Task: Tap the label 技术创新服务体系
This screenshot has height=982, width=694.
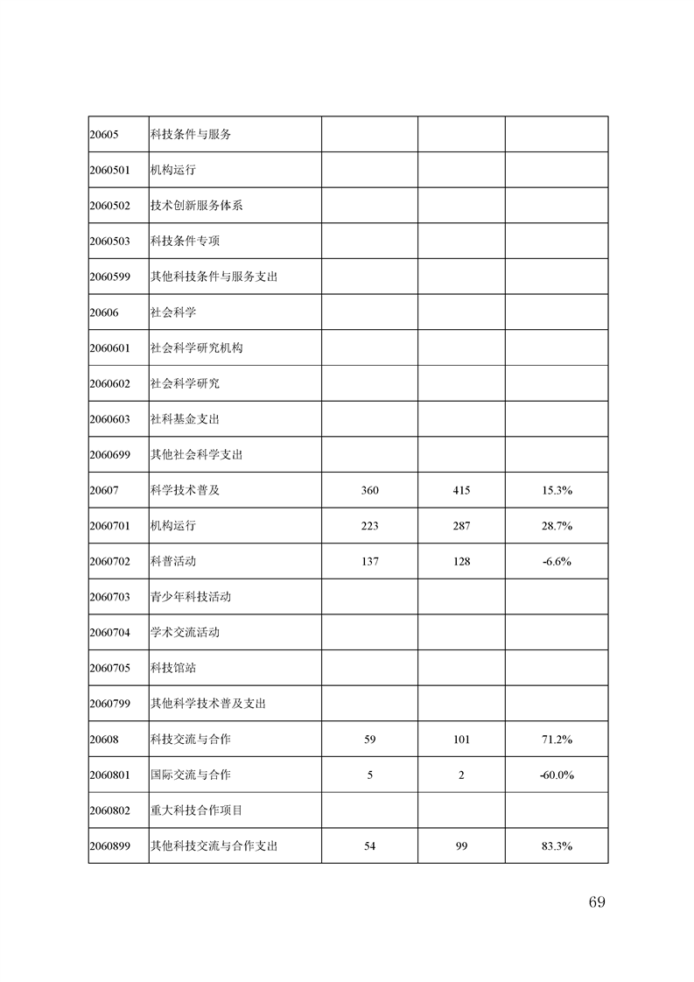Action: [x=196, y=206]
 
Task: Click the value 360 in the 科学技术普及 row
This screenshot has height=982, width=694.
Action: [x=369, y=490]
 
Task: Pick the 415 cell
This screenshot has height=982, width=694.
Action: [x=461, y=490]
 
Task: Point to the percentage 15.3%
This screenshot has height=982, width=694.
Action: [x=557, y=490]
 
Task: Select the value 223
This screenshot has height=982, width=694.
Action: [x=369, y=526]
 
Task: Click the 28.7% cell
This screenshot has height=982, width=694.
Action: [x=557, y=526]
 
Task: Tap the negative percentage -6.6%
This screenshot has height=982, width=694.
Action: [x=557, y=562]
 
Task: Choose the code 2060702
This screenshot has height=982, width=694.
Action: [x=109, y=562]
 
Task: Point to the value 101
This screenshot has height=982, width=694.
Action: [x=461, y=740]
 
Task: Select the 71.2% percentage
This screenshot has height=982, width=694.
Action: [x=557, y=740]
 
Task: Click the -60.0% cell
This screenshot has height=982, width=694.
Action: [x=557, y=775]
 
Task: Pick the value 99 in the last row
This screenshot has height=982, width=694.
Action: [x=461, y=846]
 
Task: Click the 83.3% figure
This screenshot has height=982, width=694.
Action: [x=557, y=846]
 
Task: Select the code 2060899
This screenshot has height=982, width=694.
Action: [x=109, y=846]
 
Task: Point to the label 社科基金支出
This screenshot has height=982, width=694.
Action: [x=185, y=419]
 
